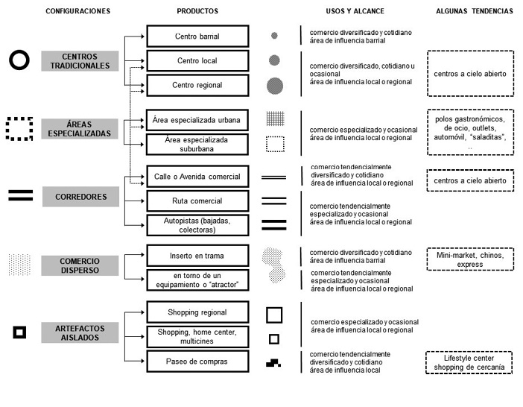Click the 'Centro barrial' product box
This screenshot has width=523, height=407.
197,36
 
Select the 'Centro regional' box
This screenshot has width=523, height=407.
197,85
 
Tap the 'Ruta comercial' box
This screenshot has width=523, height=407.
197,201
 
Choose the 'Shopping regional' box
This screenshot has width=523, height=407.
197,312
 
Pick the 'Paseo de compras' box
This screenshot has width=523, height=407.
197,361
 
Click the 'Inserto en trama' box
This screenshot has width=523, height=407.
197,256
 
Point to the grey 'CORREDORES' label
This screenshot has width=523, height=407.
80,197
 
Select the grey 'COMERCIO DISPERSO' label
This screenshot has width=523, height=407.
80,265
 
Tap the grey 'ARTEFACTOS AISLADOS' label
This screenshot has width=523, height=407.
80,332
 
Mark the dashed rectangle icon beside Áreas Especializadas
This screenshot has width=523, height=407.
7,129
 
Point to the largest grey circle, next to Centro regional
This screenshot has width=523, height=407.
275,86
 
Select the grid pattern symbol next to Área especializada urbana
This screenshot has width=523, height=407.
276,119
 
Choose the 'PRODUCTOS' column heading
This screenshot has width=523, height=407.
197,11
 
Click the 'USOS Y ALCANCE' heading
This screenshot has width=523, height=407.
355,11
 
